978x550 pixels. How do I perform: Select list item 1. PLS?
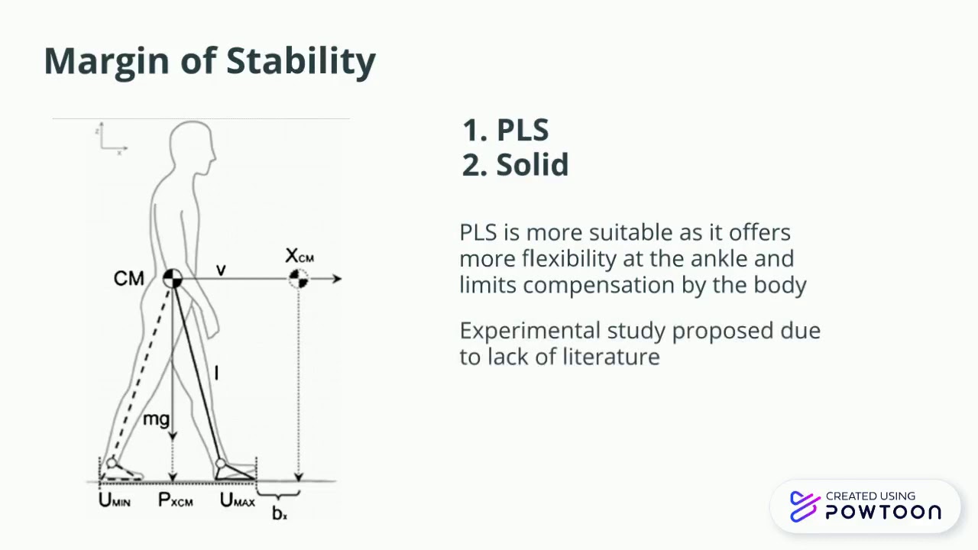coord(505,131)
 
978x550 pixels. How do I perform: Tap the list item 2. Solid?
coord(516,165)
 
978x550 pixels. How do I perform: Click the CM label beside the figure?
coord(128,279)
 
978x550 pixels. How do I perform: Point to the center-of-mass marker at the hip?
coord(173,279)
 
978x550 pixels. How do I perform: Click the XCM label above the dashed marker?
coord(299,256)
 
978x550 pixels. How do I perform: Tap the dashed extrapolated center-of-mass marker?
coord(298,279)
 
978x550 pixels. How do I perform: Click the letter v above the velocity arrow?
coord(221,270)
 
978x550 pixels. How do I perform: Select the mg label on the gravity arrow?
coord(156,419)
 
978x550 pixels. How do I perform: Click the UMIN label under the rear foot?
coord(115,501)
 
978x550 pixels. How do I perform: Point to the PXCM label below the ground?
coord(175,501)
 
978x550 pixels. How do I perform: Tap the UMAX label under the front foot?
coord(238,501)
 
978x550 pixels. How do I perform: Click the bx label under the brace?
coord(280,513)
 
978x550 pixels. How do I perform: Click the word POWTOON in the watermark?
coord(883,513)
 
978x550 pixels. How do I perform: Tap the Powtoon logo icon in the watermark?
coord(805,506)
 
